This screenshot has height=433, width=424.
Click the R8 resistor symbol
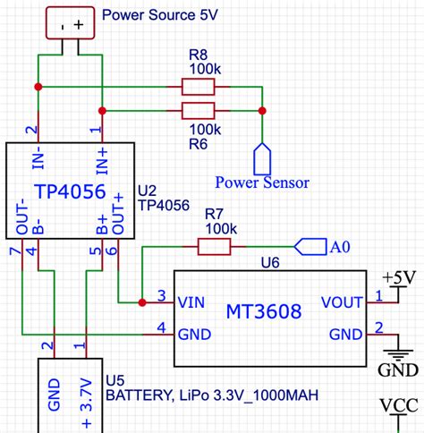tap(198, 87)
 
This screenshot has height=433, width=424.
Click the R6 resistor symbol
tap(198, 111)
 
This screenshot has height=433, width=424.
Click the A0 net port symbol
tap(310, 245)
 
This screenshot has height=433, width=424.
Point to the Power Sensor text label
tap(262, 183)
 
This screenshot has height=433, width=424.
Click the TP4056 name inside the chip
tap(70, 191)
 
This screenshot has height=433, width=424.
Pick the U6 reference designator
tap(269, 262)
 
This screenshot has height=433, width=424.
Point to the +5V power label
tap(398, 277)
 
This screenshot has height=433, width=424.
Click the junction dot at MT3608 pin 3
tap(142, 301)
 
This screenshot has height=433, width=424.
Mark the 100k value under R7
tap(220, 229)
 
